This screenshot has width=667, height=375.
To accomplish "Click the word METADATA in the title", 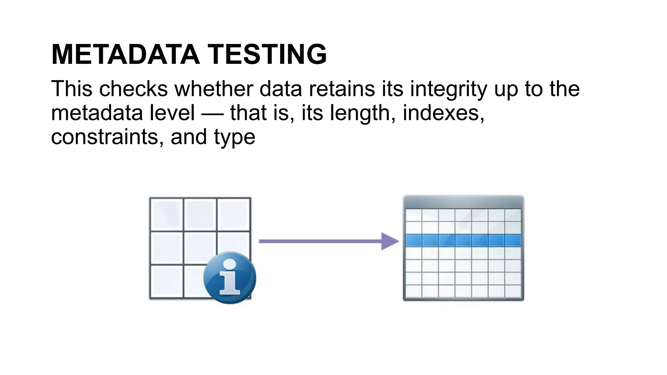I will [x=125, y=54].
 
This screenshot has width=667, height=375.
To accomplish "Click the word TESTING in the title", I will [x=267, y=54].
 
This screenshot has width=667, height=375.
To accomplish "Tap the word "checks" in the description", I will [x=134, y=89].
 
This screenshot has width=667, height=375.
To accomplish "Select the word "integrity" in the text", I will [x=448, y=89].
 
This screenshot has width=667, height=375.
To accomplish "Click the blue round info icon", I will [x=230, y=278].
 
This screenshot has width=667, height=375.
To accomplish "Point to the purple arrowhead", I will [x=389, y=241].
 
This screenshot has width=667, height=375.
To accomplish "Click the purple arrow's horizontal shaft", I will [x=319, y=241].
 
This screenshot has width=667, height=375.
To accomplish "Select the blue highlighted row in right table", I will [x=463, y=241].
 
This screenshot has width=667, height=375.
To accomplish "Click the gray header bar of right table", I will [x=463, y=202].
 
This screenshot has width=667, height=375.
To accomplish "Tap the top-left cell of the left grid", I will [x=166, y=214].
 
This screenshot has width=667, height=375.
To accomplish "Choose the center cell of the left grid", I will [x=200, y=248].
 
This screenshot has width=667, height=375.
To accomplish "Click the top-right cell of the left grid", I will [x=234, y=214].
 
